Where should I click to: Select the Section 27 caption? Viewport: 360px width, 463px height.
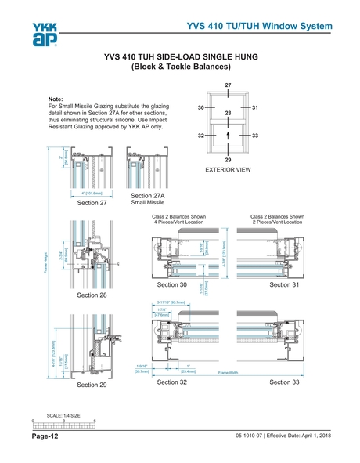point(92,202)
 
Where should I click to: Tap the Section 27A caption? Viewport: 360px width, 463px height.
point(146,197)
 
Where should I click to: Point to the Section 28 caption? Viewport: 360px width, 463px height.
point(92,296)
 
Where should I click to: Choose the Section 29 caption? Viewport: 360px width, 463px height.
point(92,385)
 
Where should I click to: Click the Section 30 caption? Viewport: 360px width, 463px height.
point(172,285)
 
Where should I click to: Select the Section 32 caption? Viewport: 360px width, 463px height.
point(172,382)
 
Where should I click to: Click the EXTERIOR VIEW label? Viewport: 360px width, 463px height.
point(228,168)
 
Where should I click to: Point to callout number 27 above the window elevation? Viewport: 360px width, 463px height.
point(228,84)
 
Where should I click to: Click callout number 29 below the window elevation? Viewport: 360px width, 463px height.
point(228,159)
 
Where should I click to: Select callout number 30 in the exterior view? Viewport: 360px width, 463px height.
point(201,107)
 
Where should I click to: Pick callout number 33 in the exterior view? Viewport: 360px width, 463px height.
point(255,136)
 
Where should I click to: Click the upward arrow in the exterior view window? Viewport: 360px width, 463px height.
point(228,136)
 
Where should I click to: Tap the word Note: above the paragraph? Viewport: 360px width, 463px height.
point(56,99)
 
